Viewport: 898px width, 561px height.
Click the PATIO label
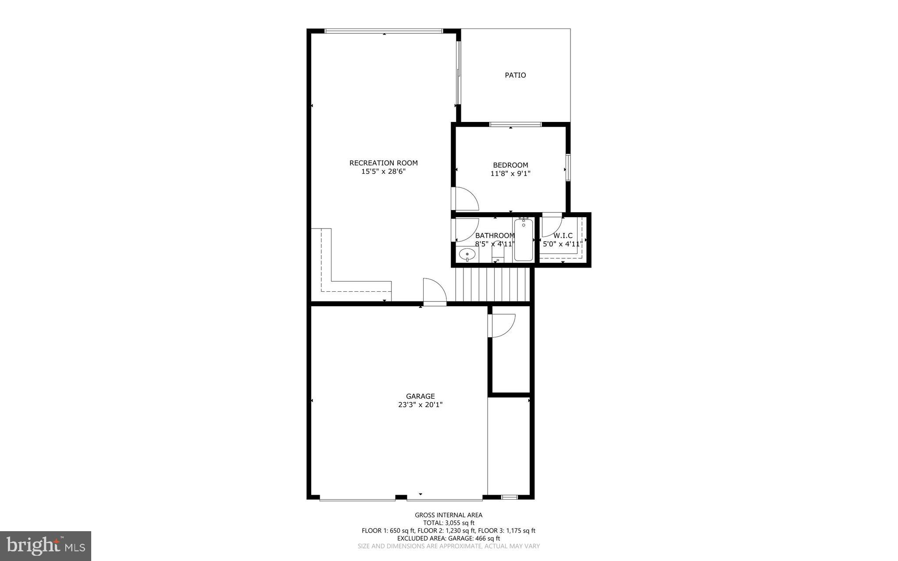[x=515, y=75]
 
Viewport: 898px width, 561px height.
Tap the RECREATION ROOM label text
[x=383, y=163]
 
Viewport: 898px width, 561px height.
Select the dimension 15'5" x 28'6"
[x=383, y=172]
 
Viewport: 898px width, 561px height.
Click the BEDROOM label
[x=510, y=165]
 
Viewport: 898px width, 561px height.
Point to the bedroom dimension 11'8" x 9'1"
[x=510, y=174]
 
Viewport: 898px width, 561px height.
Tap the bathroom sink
[x=467, y=254]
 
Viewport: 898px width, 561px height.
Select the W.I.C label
[x=563, y=236]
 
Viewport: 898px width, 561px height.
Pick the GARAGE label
[x=420, y=396]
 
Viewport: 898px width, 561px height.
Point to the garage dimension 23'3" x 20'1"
[x=420, y=405]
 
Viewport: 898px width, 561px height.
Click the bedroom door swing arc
[x=466, y=199]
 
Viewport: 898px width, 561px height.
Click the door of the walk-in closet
[x=552, y=226]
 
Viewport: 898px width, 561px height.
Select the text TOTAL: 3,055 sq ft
[x=449, y=523]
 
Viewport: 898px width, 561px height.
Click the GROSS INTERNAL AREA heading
[x=449, y=515]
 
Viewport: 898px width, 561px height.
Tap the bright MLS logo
[x=46, y=546]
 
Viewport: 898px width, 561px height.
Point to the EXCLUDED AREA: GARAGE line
[x=449, y=538]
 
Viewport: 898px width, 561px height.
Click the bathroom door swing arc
[x=466, y=230]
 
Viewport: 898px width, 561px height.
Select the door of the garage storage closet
[x=502, y=325]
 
